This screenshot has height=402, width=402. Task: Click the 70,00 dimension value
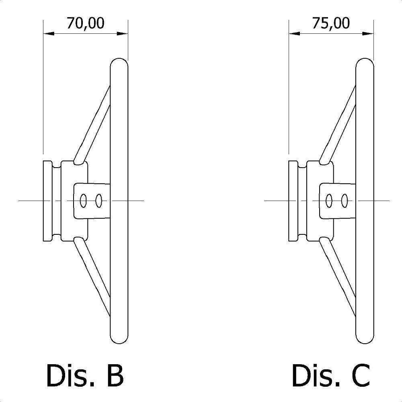point(86,23)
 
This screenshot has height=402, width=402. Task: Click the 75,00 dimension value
point(331,23)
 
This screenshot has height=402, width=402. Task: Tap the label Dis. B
point(85,375)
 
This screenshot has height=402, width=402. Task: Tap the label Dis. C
point(330,375)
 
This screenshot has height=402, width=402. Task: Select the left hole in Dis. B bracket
point(84,200)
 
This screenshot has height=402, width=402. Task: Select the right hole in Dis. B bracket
point(98,200)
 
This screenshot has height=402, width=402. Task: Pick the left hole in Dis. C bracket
point(329,200)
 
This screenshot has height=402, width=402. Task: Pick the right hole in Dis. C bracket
point(344,200)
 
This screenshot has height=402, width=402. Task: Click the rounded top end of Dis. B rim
point(119,62)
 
